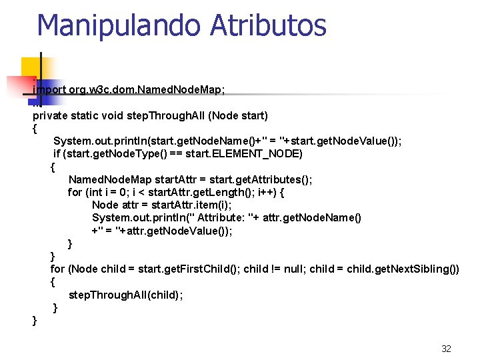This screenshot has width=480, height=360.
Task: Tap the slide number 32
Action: pyautogui.click(x=446, y=349)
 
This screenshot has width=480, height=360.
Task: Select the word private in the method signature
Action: pyautogui.click(x=51, y=115)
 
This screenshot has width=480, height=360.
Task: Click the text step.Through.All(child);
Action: pyautogui.click(x=125, y=295)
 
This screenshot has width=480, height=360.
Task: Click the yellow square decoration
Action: pyautogui.click(x=30, y=67)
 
